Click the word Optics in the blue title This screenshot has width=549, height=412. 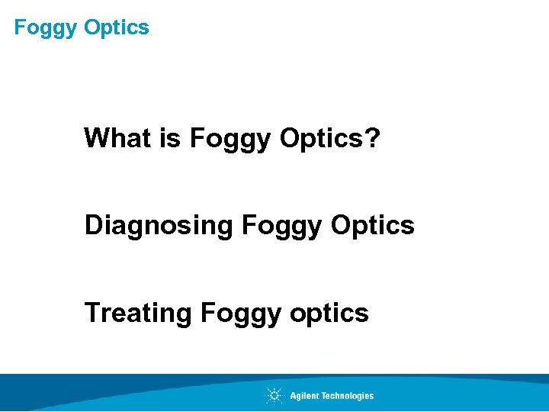click(117, 27)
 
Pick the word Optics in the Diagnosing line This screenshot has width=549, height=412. click(374, 225)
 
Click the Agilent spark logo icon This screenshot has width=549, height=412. click(274, 395)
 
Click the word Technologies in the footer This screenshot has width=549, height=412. click(348, 395)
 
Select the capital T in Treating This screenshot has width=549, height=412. click(92, 313)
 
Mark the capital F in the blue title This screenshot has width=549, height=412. click(20, 27)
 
